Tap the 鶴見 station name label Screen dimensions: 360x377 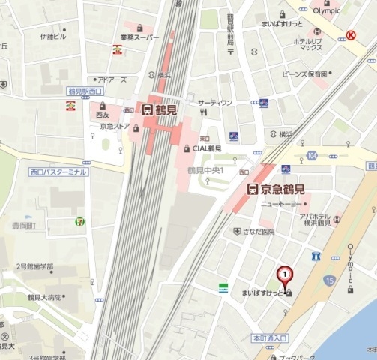[x=166, y=109]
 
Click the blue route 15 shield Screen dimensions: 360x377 [x=330, y=280]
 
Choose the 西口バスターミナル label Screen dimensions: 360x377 [x=58, y=172]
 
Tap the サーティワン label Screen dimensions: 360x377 [x=215, y=102]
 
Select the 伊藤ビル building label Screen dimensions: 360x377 [x=53, y=36]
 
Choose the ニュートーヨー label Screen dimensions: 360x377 [x=280, y=204]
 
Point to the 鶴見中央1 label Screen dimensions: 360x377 [x=207, y=170]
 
